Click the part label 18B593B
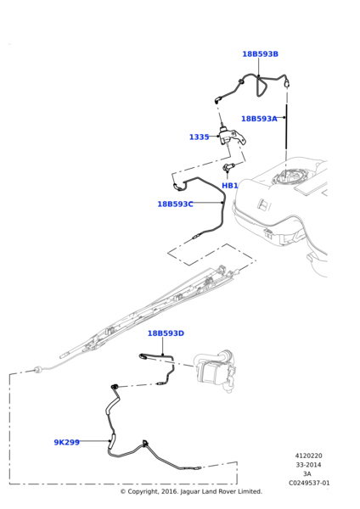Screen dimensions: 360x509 pyautogui.click(x=260, y=54)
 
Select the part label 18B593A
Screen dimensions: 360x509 pyautogui.click(x=259, y=119)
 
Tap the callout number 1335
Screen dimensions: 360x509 pyautogui.click(x=199, y=137)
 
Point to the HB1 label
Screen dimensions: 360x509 pyautogui.click(x=230, y=186)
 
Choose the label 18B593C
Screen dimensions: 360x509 pyautogui.click(x=175, y=204)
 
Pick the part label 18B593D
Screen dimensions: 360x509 pyautogui.click(x=166, y=333)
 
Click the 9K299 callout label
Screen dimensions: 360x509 pyautogui.click(x=66, y=442)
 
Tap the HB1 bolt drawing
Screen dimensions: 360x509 pyautogui.click(x=228, y=167)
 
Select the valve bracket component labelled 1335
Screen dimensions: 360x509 pyautogui.click(x=231, y=137)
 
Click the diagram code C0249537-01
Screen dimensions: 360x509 pyautogui.click(x=309, y=483)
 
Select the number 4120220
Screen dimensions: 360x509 pyautogui.click(x=309, y=456)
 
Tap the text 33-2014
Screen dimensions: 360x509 pyautogui.click(x=308, y=465)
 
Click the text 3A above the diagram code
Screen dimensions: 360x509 pyautogui.click(x=307, y=474)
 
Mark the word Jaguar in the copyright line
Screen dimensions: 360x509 pyautogui.click(x=191, y=491)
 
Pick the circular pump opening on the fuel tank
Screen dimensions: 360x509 pyautogui.click(x=290, y=178)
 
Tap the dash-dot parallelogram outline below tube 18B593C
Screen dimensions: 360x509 pyautogui.click(x=211, y=255)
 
